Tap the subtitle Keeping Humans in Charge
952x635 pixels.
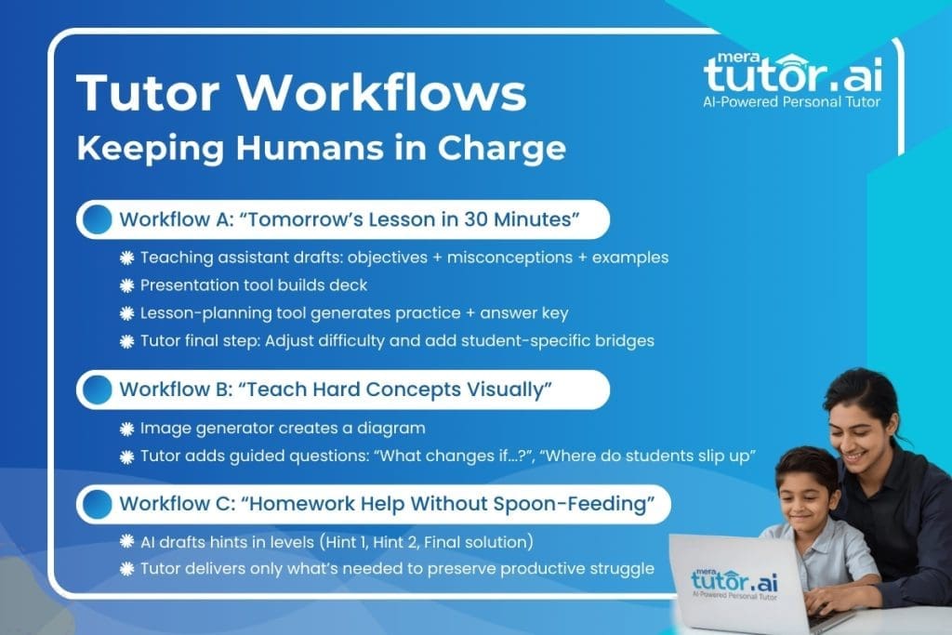(x=321, y=148)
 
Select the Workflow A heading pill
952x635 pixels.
(x=343, y=220)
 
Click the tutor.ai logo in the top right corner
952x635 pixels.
(x=791, y=74)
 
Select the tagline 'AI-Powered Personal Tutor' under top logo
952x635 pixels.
(x=791, y=101)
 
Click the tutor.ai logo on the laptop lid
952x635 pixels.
(x=734, y=581)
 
